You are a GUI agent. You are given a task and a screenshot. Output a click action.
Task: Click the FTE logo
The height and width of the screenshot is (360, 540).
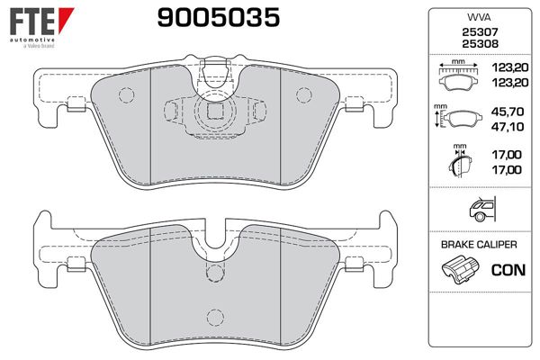click(35, 19)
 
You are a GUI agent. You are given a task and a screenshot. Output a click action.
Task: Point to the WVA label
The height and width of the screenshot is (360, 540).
click(475, 15)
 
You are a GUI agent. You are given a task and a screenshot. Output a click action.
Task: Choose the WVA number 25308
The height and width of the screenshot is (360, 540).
click(475, 42)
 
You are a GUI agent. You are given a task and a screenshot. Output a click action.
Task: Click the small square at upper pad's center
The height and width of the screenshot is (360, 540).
click(214, 112)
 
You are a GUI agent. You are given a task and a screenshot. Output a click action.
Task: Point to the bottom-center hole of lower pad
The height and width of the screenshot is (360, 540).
click(214, 315)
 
